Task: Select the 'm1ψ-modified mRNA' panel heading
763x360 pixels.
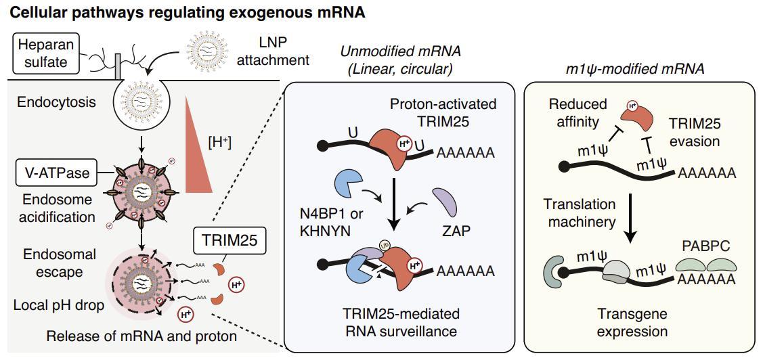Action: coord(634,68)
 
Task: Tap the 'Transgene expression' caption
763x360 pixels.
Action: coord(632,323)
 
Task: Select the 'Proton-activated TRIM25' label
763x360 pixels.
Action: coord(443,112)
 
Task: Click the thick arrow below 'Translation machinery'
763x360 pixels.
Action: coord(631,217)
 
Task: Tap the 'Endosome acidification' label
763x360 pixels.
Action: coord(58,208)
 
